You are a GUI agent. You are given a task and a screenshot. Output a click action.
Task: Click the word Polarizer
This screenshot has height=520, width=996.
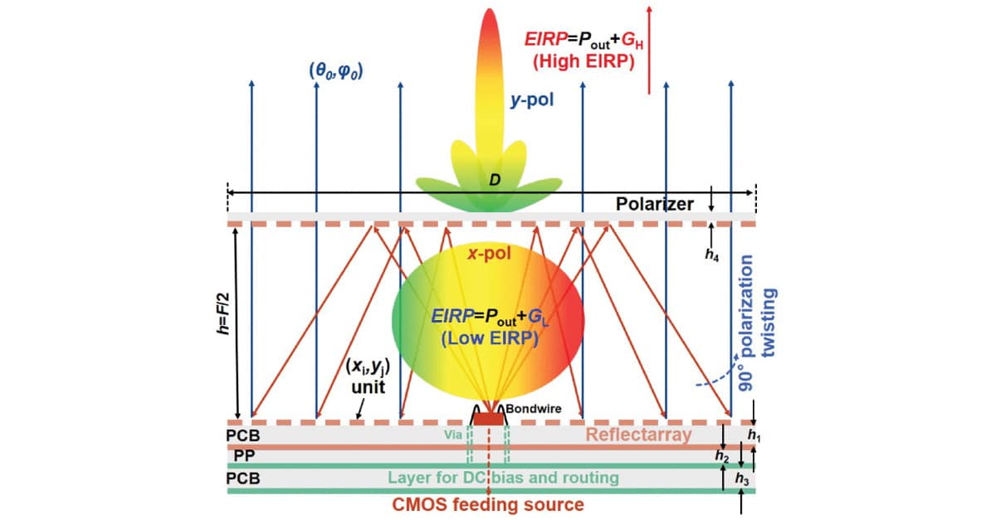[x=655, y=204]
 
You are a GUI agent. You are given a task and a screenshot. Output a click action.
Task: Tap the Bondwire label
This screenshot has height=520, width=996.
[x=534, y=409]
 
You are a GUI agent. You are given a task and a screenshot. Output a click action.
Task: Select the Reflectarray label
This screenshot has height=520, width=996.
[x=638, y=435]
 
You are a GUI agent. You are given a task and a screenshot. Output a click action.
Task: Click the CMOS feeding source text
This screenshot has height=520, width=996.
[x=488, y=505]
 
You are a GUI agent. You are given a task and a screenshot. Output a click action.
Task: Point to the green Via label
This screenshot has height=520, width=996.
[x=453, y=435]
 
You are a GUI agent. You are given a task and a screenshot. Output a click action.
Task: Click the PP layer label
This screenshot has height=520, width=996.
[x=244, y=455]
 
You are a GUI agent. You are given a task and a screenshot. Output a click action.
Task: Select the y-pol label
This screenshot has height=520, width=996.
[x=532, y=100]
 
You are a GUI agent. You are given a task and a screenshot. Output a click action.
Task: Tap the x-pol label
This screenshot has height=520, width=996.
[x=489, y=254]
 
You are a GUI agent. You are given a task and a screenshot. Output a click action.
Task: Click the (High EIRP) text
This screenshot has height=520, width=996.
[x=583, y=61]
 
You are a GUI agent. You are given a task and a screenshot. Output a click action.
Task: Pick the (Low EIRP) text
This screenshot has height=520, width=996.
[x=490, y=338]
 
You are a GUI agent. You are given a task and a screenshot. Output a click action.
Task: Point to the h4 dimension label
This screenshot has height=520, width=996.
[x=712, y=255]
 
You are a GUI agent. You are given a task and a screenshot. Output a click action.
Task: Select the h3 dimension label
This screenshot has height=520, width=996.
[x=742, y=479]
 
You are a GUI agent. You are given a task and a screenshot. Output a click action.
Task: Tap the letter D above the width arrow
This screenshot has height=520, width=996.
[x=495, y=180]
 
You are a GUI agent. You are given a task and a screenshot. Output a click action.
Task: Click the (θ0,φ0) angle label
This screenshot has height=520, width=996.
[x=336, y=71]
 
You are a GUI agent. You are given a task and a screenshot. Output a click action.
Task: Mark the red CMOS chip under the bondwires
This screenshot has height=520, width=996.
[x=489, y=419]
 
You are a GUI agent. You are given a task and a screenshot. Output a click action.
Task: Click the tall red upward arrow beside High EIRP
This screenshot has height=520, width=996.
[x=649, y=51]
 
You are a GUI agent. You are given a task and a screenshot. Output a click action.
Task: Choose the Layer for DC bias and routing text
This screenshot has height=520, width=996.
[x=503, y=478]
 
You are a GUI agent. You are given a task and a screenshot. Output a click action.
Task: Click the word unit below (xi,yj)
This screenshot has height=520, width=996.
[x=369, y=387]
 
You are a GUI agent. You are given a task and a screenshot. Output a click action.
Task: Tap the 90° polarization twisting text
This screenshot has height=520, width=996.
[x=758, y=323]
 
